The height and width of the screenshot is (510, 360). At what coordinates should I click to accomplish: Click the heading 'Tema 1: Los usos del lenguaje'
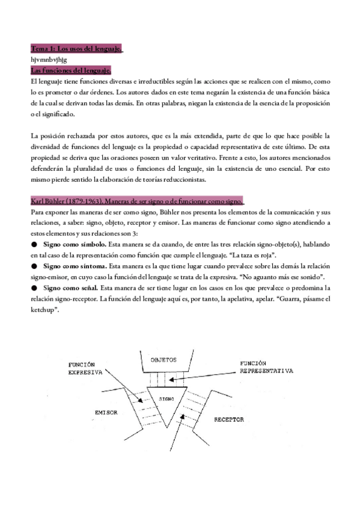click(x=76, y=49)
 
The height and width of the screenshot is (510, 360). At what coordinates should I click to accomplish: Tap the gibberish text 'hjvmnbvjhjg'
click(x=49, y=60)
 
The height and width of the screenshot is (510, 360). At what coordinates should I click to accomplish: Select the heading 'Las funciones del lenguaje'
click(x=71, y=70)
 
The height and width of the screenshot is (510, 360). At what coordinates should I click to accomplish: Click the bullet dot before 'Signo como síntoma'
click(x=34, y=265)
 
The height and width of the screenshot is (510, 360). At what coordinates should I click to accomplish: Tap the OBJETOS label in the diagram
click(x=163, y=360)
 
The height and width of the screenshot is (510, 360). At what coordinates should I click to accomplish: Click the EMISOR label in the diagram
click(x=106, y=413)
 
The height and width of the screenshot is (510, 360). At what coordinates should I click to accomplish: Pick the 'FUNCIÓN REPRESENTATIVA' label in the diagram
click(x=265, y=368)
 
